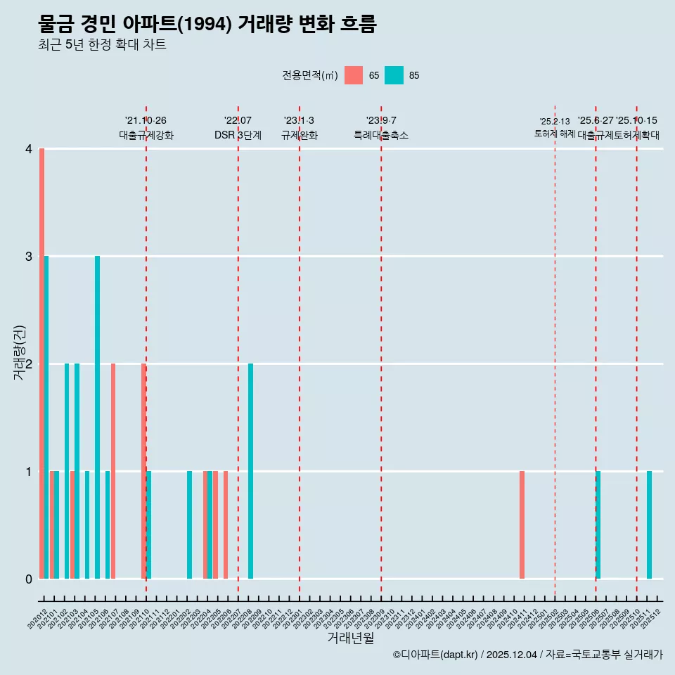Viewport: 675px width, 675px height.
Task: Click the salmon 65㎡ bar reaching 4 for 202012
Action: pos(42,364)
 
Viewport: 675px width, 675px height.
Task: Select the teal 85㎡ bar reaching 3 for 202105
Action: pos(98,417)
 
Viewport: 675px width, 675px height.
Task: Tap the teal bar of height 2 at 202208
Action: pos(251,471)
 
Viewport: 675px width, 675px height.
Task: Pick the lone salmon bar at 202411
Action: pos(522,525)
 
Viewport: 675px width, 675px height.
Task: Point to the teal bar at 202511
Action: pos(650,525)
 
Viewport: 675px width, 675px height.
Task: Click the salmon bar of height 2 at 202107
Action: pos(113,471)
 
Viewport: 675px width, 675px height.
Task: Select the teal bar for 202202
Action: pos(190,525)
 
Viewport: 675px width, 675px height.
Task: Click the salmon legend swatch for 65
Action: pos(354,75)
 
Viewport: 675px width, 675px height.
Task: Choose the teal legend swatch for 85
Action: pos(394,75)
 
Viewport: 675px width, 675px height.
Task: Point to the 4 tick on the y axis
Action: pos(29,149)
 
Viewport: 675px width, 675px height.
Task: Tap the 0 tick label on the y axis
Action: pos(29,579)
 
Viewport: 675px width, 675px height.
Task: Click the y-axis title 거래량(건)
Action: pos(20,352)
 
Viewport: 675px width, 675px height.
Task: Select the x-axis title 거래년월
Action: pos(350,638)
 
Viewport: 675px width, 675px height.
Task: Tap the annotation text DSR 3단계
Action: pos(238,135)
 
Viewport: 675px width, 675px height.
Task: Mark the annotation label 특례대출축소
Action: pos(380,135)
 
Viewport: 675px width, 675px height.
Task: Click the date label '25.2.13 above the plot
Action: pos(555,122)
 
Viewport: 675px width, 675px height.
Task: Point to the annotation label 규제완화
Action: pos(300,135)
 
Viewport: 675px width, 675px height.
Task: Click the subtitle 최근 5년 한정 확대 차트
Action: pos(103,45)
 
